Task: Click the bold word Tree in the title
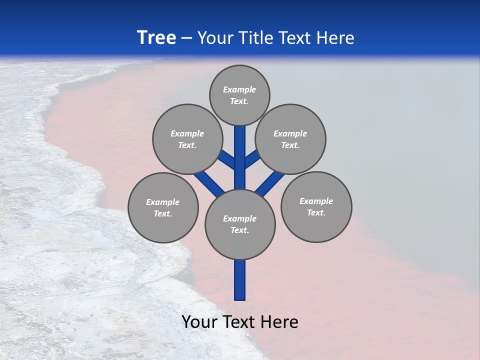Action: pos(156,37)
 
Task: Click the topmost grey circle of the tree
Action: pos(239,95)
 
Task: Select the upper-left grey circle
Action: pos(187,139)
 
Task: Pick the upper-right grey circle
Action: pos(290,139)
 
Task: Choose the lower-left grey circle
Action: pos(163,207)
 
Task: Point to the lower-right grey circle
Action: pos(316,206)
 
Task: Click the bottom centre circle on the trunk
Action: pos(240,224)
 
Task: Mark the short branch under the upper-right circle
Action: pos(252,158)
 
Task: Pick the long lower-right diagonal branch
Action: pos(270,183)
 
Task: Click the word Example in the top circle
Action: pos(239,89)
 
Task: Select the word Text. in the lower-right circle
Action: pos(316,212)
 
